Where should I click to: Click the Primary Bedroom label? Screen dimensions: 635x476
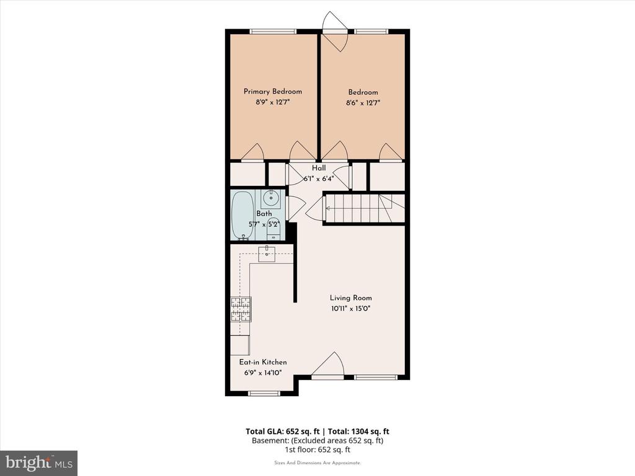click(x=273, y=92)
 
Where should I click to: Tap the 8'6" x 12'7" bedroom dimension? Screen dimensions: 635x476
click(x=363, y=103)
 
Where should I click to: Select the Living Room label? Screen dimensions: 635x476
click(x=351, y=298)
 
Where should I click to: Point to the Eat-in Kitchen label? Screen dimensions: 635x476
click(x=263, y=362)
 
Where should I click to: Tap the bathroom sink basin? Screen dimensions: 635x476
click(x=270, y=199)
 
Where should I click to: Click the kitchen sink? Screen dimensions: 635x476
click(x=267, y=253)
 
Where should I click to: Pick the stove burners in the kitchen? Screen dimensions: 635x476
click(x=241, y=310)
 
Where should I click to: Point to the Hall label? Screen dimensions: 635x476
click(x=319, y=168)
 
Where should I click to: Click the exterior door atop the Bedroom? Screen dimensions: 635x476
click(x=335, y=31)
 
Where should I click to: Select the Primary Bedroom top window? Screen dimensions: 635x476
click(x=273, y=31)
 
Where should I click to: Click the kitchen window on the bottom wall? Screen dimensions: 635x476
click(x=264, y=393)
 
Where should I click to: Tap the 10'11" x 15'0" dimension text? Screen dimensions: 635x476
click(x=351, y=309)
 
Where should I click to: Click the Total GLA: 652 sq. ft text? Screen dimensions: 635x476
click(x=283, y=431)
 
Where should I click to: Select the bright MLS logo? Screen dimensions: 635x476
click(x=39, y=462)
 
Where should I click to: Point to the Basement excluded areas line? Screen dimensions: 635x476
click(x=317, y=441)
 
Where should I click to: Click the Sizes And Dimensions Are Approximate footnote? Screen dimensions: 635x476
click(x=317, y=462)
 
